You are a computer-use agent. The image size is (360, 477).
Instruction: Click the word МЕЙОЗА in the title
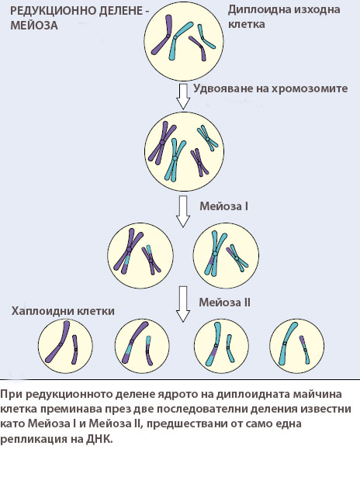[34, 26]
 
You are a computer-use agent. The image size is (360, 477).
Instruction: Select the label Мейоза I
[223, 206]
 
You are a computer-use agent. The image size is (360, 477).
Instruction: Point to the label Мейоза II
[224, 302]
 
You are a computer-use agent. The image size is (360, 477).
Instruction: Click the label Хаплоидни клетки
[63, 311]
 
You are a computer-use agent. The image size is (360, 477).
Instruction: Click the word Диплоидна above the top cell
[258, 9]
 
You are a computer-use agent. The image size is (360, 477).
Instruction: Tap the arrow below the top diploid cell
[183, 96]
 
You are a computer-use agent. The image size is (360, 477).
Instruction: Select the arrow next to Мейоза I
[183, 212]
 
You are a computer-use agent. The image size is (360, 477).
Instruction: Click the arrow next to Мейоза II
[183, 303]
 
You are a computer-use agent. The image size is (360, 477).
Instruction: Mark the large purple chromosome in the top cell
[164, 36]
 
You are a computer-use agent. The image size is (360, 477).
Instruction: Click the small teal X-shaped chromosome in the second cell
[207, 139]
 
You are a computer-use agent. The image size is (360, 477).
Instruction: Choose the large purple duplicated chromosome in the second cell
[162, 143]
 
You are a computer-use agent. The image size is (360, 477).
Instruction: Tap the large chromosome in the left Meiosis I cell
[129, 251]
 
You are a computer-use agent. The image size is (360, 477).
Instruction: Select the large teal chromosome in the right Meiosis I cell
[215, 253]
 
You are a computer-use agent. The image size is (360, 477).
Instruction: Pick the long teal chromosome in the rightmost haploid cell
[286, 343]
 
